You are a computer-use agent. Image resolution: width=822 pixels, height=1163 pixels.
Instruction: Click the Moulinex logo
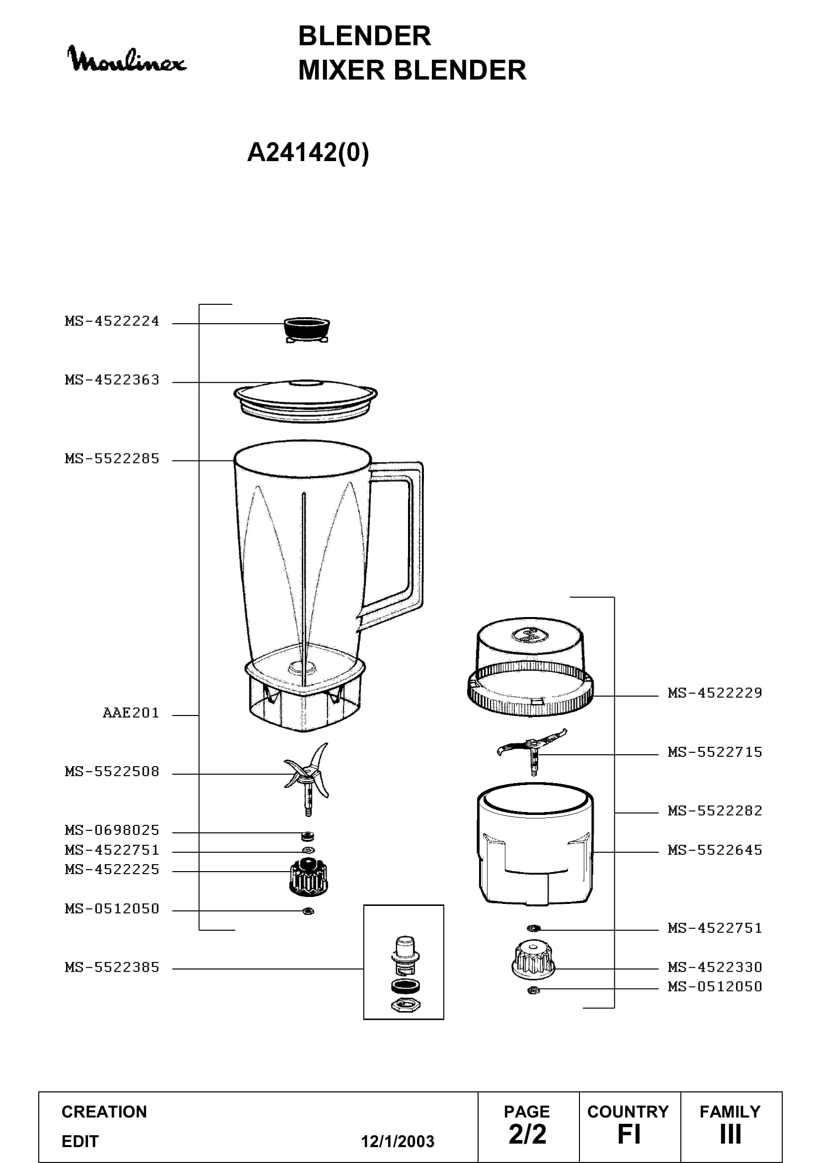tap(127, 59)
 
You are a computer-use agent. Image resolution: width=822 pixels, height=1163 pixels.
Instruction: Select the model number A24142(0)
tap(308, 152)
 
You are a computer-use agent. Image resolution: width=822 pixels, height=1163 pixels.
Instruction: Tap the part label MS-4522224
tap(112, 321)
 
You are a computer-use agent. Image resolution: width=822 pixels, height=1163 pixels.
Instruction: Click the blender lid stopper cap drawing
tap(307, 330)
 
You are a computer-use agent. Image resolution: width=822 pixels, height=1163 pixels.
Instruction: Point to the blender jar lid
tap(305, 401)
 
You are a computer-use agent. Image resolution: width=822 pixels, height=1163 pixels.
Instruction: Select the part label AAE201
tap(131, 713)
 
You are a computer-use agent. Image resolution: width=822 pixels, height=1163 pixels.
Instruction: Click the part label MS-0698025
tap(112, 830)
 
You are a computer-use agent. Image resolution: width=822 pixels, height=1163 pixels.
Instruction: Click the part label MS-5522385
tap(112, 968)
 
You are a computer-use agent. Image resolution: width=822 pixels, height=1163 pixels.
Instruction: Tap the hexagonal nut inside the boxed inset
tap(406, 1004)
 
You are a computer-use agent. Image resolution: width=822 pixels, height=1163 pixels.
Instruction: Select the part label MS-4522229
tap(715, 693)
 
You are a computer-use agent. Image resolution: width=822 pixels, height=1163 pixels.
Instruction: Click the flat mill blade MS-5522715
tap(531, 752)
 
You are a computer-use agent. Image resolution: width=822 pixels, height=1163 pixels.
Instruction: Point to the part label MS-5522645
tap(715, 850)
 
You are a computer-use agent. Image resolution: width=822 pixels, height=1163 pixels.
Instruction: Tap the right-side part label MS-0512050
tap(715, 986)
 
